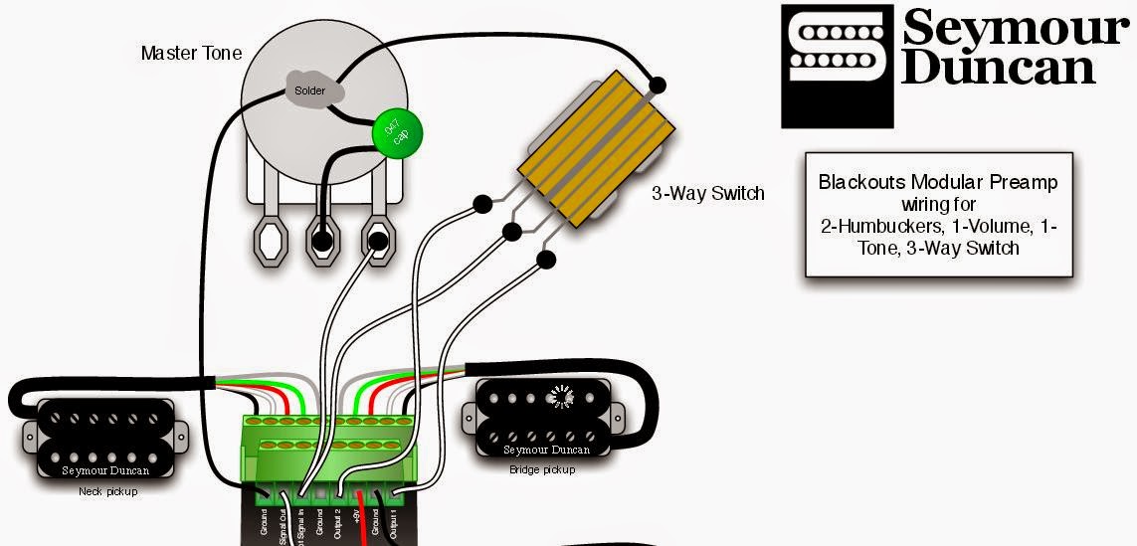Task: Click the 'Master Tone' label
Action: point(191,53)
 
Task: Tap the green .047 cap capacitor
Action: point(398,133)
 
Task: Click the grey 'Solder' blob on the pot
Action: point(309,90)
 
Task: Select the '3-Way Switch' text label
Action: point(708,193)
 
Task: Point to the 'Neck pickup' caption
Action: point(107,492)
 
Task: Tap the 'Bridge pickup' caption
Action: point(541,469)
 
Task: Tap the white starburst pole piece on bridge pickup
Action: point(564,398)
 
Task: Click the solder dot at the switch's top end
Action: point(657,84)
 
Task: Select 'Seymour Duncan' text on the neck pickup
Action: point(104,471)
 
